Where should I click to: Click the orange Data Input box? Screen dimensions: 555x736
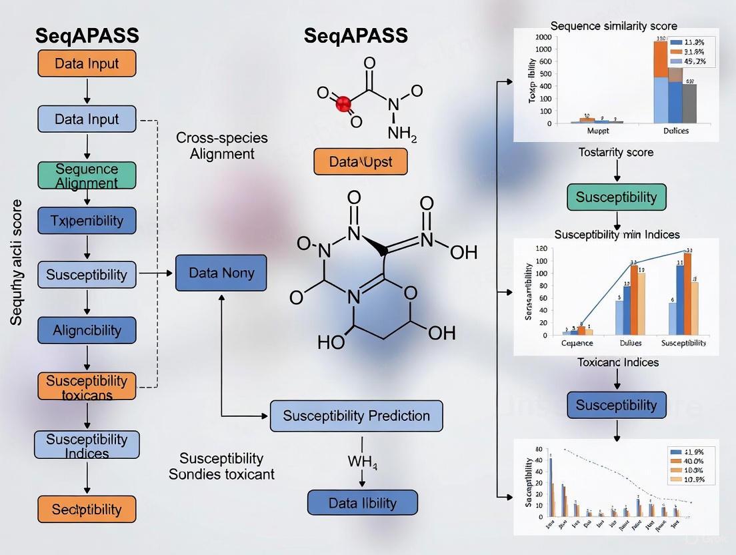coord(87,64)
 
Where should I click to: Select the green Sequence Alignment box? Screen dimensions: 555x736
coord(87,176)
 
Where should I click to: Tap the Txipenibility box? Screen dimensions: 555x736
coord(87,220)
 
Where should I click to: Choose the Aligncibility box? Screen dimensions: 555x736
coord(87,330)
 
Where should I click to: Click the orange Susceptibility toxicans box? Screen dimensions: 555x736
coord(87,388)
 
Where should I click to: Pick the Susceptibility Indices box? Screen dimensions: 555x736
coord(87,446)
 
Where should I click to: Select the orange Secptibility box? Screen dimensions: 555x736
coord(87,510)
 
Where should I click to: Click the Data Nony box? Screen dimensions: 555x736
coord(221,273)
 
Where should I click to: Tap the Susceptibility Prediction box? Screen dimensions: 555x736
coord(356,416)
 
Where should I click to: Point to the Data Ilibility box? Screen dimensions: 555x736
coord(362,503)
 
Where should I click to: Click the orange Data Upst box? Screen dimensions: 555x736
coord(360,162)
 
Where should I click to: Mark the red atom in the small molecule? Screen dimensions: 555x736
coord(343,103)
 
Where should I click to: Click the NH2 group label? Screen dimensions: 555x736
coord(401,133)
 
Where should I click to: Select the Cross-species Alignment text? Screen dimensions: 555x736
coord(222,145)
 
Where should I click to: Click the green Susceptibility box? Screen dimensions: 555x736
coord(616,197)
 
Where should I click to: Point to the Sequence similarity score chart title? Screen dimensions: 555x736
coord(614,26)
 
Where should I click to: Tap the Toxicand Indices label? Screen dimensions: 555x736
coord(617,362)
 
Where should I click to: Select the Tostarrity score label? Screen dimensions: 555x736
coord(616,152)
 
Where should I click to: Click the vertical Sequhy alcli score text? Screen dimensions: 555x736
coord(17,262)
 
